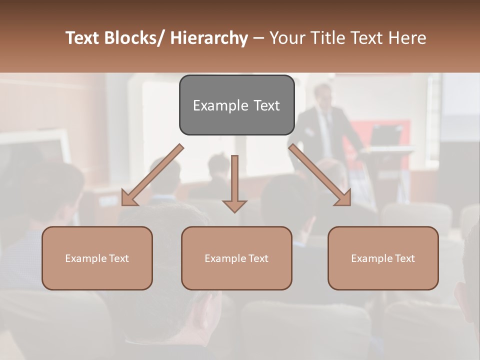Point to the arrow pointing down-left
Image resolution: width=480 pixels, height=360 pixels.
(x=152, y=175)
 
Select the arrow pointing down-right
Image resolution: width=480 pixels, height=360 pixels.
(x=320, y=175)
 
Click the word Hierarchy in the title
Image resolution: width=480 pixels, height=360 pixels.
(x=209, y=38)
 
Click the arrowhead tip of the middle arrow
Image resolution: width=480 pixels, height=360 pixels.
(x=234, y=211)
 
